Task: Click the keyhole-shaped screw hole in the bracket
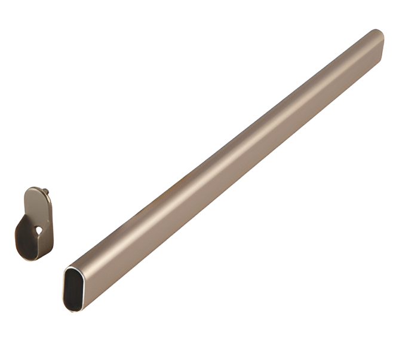39,229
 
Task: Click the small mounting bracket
34,224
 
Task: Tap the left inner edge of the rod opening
66,290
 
